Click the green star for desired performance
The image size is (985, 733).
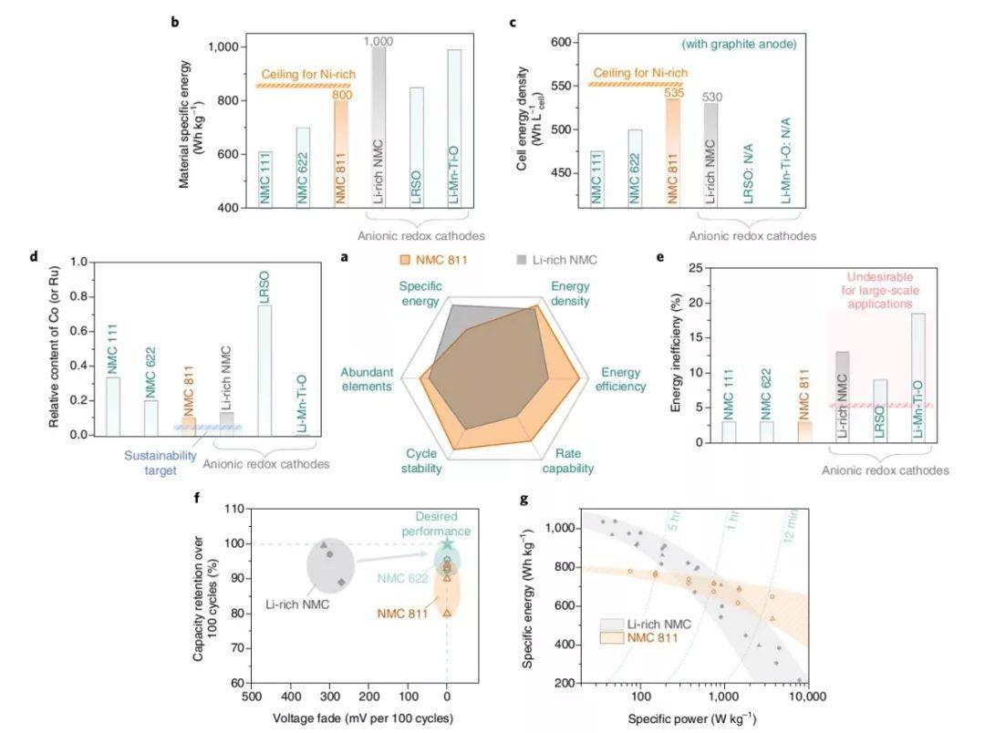click(x=447, y=544)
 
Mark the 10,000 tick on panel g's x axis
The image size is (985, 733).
click(x=805, y=697)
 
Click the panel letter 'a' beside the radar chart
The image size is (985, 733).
click(x=344, y=258)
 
